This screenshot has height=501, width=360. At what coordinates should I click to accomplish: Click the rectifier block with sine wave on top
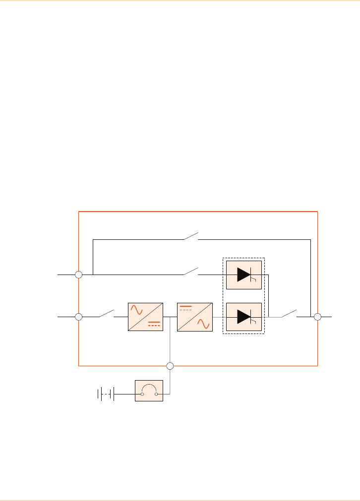[145, 316]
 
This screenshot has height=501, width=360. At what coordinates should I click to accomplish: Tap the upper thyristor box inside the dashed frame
[243, 274]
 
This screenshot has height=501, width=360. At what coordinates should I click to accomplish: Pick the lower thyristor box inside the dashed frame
[243, 316]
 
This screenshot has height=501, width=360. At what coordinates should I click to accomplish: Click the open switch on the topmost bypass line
[191, 236]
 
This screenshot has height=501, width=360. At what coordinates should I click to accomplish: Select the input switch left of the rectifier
[106, 313]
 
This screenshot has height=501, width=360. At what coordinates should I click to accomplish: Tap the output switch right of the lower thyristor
[290, 313]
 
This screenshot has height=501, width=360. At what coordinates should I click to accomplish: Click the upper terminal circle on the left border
[78, 274]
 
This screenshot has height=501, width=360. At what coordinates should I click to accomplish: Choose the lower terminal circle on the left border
[78, 316]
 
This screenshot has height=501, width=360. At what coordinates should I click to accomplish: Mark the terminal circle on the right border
[317, 316]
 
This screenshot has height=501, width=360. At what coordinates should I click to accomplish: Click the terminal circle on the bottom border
[170, 366]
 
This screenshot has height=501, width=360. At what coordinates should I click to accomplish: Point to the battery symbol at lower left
[106, 394]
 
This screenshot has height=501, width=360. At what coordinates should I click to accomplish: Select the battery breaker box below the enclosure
[149, 391]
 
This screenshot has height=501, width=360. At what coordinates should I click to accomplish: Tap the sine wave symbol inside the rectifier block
[137, 310]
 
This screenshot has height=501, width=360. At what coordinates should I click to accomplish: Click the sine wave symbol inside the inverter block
[203, 323]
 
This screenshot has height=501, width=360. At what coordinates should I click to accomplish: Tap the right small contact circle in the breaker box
[157, 394]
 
